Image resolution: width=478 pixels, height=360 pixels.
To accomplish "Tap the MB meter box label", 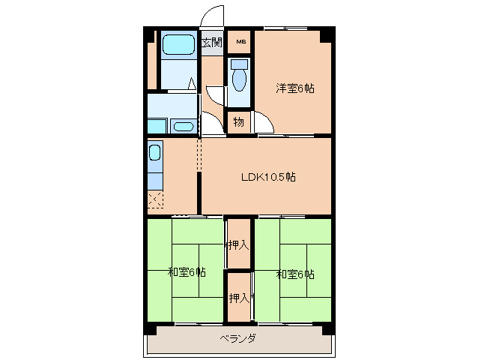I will (240, 41).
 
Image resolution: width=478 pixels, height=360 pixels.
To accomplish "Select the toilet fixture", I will (240, 76).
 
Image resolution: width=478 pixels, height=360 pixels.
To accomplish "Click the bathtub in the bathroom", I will (178, 44).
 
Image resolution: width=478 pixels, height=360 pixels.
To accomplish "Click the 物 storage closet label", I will (238, 121).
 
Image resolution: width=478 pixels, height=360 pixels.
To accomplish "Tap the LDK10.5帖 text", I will (267, 178).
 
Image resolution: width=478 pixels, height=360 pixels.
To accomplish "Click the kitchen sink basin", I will (154, 154).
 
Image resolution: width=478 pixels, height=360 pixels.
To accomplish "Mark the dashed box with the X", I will (155, 199).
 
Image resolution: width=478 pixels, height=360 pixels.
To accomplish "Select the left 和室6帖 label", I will (187, 273).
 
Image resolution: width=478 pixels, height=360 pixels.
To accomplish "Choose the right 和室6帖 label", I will (295, 274).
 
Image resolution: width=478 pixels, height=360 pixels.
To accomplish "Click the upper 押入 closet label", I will (238, 244).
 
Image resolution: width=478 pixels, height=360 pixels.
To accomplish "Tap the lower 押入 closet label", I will (238, 298).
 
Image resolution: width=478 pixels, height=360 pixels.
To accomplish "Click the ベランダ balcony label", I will (238, 339).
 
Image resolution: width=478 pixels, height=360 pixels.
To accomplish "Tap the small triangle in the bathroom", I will (192, 83).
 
